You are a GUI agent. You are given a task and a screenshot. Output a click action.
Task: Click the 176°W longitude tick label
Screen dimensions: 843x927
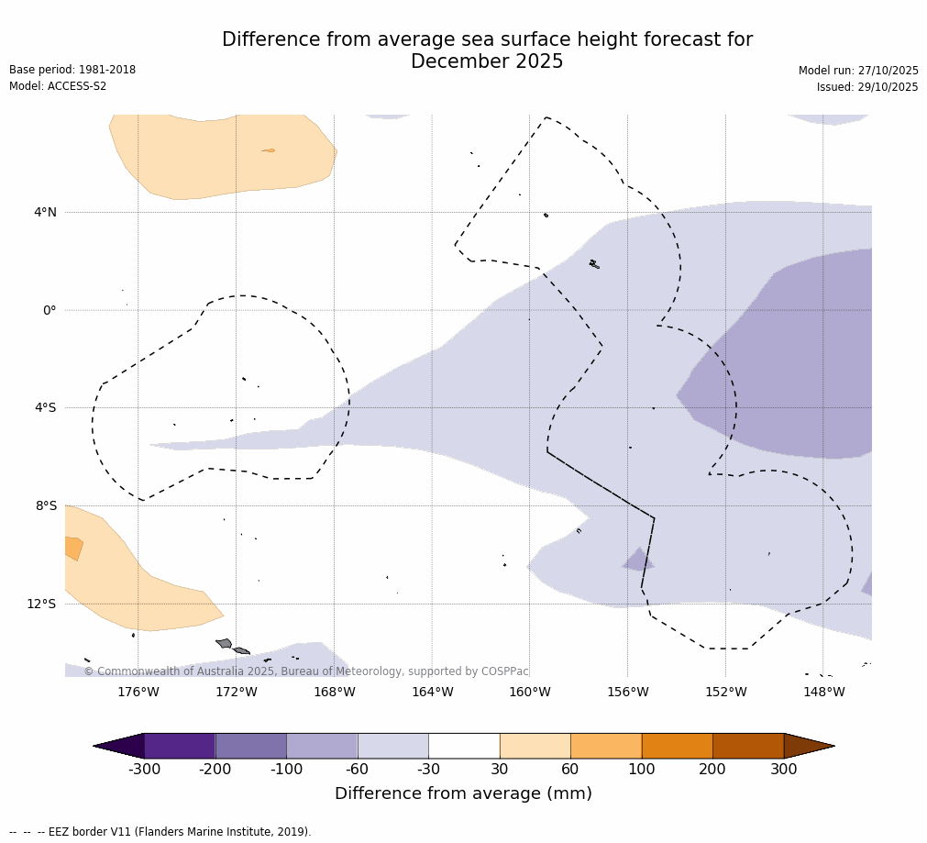[x=138, y=692]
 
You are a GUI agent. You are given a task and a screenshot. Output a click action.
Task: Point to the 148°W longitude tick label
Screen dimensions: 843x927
[x=823, y=692]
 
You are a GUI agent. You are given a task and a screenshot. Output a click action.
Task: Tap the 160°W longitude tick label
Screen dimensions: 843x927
[x=530, y=692]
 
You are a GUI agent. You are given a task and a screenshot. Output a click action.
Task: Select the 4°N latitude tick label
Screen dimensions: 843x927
[x=45, y=212]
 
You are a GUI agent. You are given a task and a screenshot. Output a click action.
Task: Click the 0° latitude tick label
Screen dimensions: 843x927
[x=50, y=310]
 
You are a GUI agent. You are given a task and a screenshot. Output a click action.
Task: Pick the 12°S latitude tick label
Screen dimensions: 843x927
[x=41, y=604]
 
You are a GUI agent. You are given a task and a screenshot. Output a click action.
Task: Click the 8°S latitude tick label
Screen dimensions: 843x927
[x=45, y=505]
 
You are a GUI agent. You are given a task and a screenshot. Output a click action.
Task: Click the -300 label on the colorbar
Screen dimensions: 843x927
[x=144, y=770]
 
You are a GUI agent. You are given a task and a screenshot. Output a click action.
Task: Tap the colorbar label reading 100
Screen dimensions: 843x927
[x=642, y=770]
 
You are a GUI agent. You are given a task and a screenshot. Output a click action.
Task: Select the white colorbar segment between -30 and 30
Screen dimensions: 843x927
[x=464, y=746]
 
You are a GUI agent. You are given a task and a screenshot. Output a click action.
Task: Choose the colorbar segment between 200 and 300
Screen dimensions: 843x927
[x=748, y=746]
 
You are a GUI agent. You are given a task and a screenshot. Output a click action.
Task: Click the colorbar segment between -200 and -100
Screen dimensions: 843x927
[x=250, y=746]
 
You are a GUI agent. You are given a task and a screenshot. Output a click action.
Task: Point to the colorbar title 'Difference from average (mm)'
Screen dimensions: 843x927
[x=463, y=793]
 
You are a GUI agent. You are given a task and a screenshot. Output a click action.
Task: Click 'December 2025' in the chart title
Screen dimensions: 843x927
[x=487, y=62]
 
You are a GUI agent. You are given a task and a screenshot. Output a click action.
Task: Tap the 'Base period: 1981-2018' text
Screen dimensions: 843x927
[x=72, y=70]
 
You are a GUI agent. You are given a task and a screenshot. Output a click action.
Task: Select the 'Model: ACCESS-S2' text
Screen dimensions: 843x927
[x=58, y=86]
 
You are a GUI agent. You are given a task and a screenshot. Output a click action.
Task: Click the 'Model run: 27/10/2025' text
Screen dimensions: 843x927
[x=858, y=71]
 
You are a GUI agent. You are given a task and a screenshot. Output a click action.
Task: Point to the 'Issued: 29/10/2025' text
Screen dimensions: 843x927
[x=867, y=87]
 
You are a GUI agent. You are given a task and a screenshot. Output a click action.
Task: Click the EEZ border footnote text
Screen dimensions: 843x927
[x=160, y=832]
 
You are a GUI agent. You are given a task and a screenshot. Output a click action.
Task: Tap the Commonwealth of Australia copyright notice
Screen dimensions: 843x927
[x=306, y=671]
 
